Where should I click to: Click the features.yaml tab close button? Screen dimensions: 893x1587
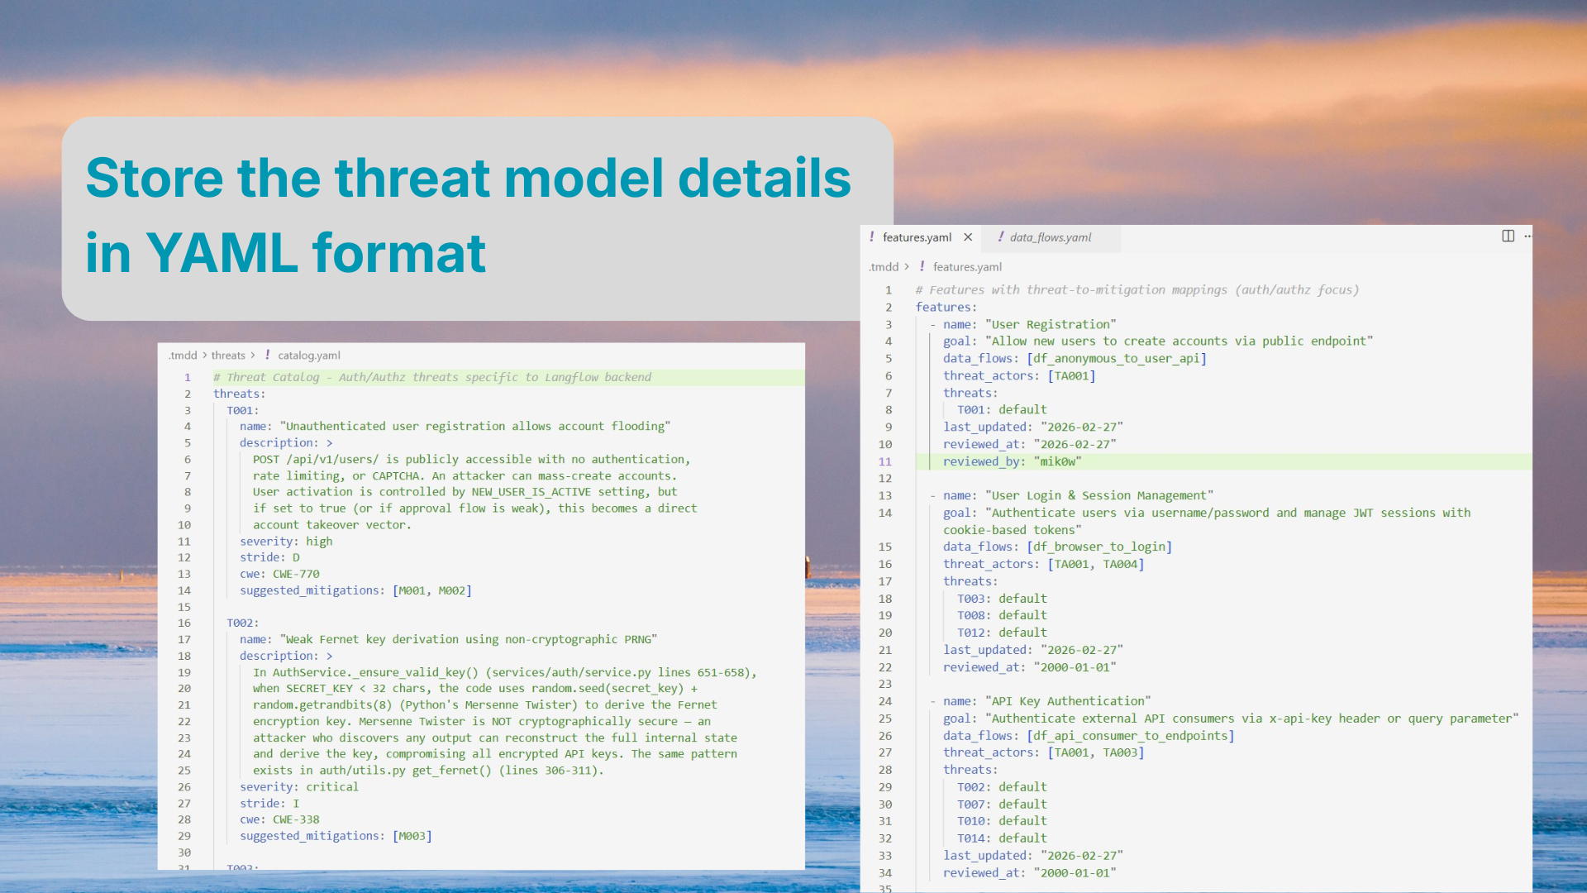[968, 237]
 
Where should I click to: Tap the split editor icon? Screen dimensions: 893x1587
[1508, 236]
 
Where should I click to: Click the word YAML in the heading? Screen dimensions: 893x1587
[221, 253]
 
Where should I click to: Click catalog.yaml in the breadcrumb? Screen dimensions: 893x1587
[308, 356]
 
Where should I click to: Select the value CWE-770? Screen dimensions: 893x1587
[296, 574]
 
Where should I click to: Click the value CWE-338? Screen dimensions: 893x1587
[296, 819]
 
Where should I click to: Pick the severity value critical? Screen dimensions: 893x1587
[332, 787]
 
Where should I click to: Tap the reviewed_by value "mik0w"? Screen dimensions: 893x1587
[1057, 461]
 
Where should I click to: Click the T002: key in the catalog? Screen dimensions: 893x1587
[242, 623]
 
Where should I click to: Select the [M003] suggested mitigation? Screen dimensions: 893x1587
[412, 836]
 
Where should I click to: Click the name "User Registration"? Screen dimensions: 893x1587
[1050, 324]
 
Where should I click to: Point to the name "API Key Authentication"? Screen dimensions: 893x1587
[1067, 701]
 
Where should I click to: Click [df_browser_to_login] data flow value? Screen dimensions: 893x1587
[1099, 547]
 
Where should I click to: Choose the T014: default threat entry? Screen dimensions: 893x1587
[1002, 838]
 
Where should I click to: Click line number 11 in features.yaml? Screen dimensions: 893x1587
[885, 461]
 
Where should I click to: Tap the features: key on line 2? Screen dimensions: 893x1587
[946, 308]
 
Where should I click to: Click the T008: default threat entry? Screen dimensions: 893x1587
[1002, 615]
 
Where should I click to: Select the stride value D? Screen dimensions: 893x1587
[296, 557]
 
